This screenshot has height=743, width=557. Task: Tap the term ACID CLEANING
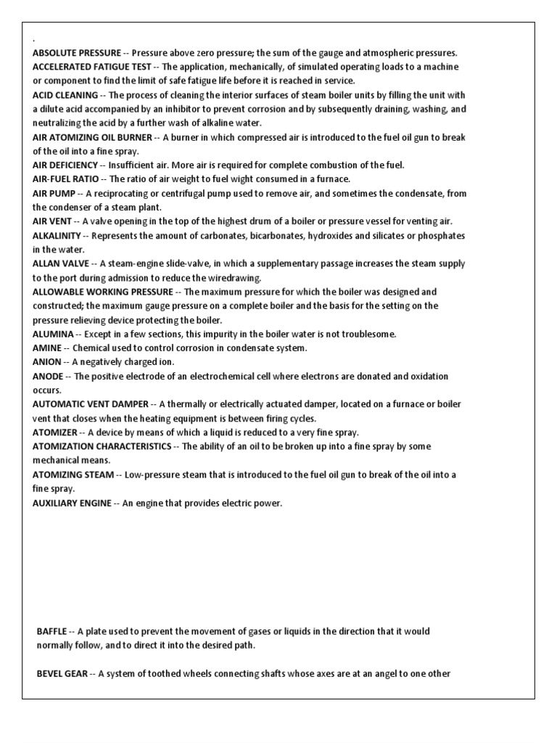point(65,95)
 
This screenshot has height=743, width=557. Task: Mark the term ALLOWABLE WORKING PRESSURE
point(102,292)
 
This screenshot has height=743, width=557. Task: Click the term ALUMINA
point(53,334)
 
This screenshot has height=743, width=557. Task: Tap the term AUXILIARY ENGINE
point(73,503)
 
